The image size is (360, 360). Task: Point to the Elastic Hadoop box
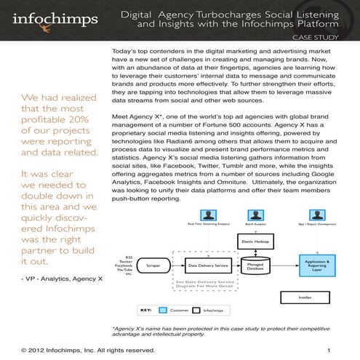tap(255, 240)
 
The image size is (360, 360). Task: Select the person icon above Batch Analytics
tap(255, 217)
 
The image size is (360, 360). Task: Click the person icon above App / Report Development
tap(313, 217)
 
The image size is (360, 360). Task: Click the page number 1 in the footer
tap(329, 351)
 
